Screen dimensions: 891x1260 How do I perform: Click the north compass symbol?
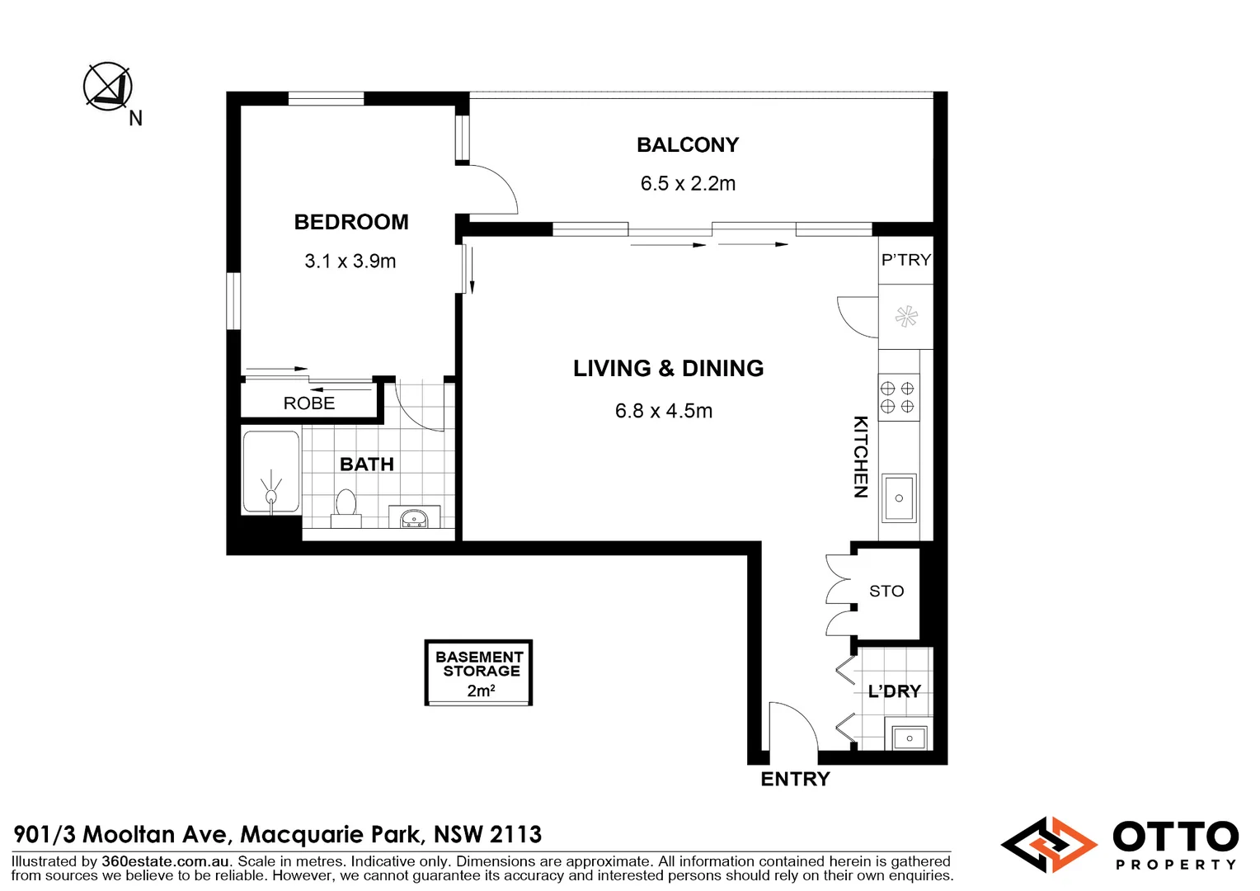pos(108,86)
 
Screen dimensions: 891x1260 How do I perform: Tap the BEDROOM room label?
pos(351,222)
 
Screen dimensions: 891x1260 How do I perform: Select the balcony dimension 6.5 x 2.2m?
pos(688,183)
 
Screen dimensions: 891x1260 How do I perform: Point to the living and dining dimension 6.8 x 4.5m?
pos(664,411)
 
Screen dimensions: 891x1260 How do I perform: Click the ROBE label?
pos(309,403)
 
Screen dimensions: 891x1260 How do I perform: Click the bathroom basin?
pos(413,518)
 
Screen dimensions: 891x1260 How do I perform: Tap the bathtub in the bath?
pos(270,472)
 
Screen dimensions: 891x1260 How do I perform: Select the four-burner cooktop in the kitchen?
pos(898,397)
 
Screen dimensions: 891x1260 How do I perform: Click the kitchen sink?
pos(899,497)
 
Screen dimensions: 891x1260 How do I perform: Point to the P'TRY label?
pos(905,260)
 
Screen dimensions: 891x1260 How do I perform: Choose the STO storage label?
pos(886,592)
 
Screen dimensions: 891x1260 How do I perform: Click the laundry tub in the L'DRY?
pos(909,736)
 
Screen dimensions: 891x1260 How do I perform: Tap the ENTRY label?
pos(795,779)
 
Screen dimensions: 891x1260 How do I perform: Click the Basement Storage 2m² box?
pos(478,672)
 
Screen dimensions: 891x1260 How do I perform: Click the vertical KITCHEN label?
pos(860,456)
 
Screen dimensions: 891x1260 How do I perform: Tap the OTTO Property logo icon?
pos(1048,845)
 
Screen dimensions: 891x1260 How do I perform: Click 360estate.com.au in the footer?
pos(165,861)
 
